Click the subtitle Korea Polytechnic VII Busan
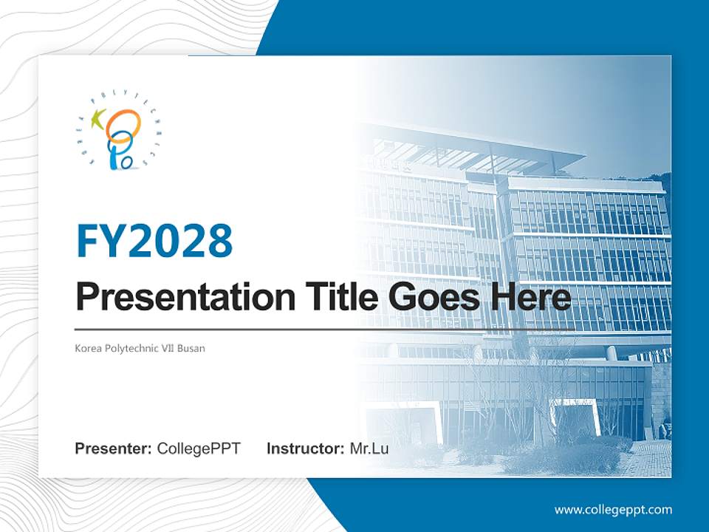tap(140, 348)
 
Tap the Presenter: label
tap(114, 449)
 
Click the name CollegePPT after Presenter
tap(199, 449)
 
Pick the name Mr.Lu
tap(369, 449)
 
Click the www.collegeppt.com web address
tap(613, 509)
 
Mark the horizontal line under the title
tap(325, 329)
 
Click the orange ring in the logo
tap(123, 123)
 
